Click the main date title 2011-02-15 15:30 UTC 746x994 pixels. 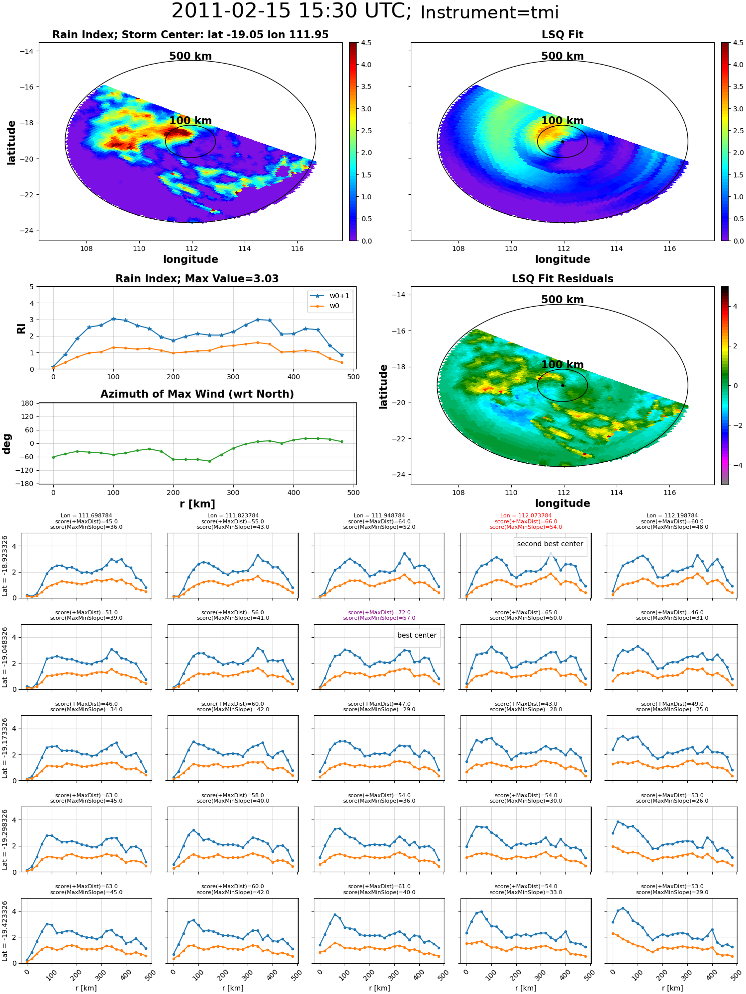(291, 11)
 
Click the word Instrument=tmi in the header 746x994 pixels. (489, 12)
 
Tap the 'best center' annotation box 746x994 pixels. (417, 635)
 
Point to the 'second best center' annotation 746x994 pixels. (550, 544)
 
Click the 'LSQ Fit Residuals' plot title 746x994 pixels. (562, 279)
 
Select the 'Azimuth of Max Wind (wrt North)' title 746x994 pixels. (197, 394)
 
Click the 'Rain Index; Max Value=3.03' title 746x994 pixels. (197, 279)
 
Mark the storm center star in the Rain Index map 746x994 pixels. (190, 142)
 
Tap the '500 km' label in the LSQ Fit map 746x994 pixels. (562, 56)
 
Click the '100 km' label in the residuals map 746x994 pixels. (562, 365)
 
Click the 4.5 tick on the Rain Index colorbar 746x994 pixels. (366, 43)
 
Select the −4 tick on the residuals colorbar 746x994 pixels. (735, 465)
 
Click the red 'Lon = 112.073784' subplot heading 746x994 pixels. (526, 516)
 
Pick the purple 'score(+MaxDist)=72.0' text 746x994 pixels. (379, 613)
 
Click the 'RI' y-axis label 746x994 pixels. (21, 328)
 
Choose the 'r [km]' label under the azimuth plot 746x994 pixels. (197, 504)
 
